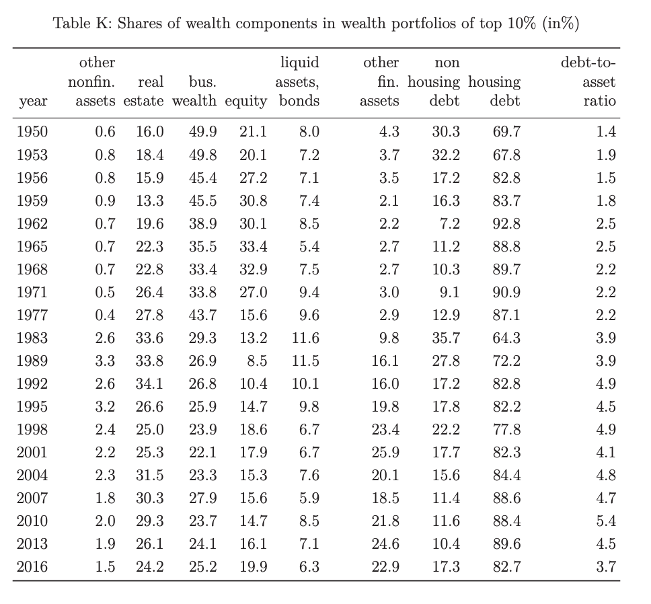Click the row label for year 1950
click(x=32, y=132)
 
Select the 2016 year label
click(x=32, y=566)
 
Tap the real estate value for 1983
click(x=149, y=338)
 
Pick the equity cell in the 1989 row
click(x=257, y=361)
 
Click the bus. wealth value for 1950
click(x=202, y=132)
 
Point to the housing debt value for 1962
click(x=506, y=224)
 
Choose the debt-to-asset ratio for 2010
click(x=606, y=521)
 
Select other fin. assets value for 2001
click(x=385, y=452)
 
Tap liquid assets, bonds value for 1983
click(x=305, y=338)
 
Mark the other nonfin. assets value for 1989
click(x=105, y=361)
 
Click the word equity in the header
click(x=245, y=102)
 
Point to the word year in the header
click(x=33, y=102)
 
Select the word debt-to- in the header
click(x=588, y=63)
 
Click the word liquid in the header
click(x=300, y=63)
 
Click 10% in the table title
click(x=521, y=24)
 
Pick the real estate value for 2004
click(x=149, y=475)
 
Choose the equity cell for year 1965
click(x=254, y=247)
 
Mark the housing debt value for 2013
click(x=506, y=544)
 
